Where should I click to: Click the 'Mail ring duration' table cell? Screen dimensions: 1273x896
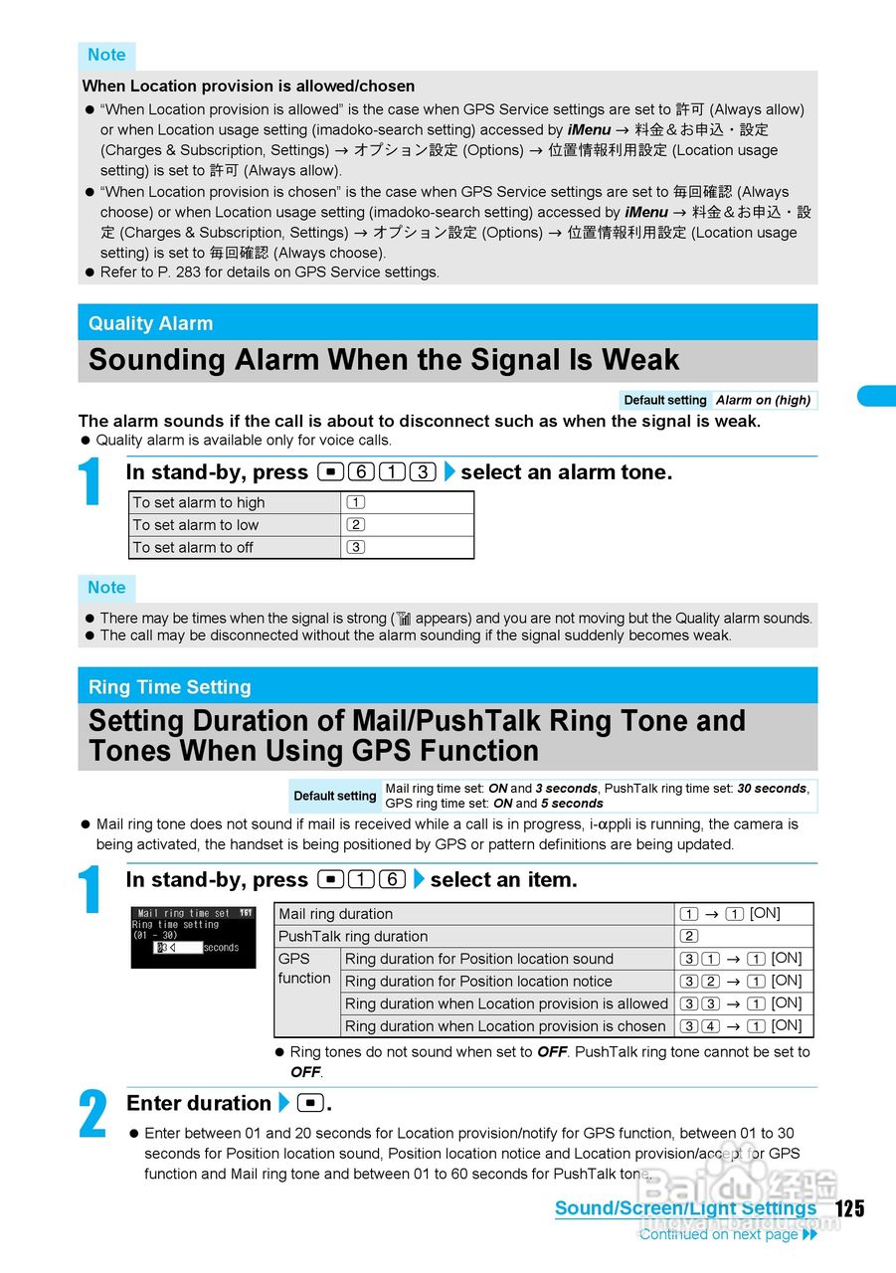tap(335, 914)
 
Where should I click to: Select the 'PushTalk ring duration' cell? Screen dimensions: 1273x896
tap(353, 937)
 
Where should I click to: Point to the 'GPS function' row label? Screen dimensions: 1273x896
tap(304, 969)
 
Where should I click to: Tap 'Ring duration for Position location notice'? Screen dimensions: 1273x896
tap(478, 982)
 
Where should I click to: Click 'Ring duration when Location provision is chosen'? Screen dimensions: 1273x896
tap(504, 1026)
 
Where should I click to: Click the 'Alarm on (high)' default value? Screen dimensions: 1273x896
tap(763, 400)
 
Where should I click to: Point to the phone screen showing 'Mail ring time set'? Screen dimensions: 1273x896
tap(193, 937)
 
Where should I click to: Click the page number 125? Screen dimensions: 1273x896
tap(849, 1208)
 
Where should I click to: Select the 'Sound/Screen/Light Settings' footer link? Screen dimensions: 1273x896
tap(685, 1208)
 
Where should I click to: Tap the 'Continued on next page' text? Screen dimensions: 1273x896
tap(718, 1234)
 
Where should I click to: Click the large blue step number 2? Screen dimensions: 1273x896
tap(93, 1114)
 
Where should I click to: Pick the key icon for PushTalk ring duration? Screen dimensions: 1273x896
tap(689, 937)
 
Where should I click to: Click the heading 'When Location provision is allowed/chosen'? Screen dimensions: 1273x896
tap(249, 87)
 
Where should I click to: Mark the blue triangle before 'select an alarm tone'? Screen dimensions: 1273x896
tap(448, 472)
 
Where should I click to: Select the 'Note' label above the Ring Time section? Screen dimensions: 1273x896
tap(106, 588)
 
